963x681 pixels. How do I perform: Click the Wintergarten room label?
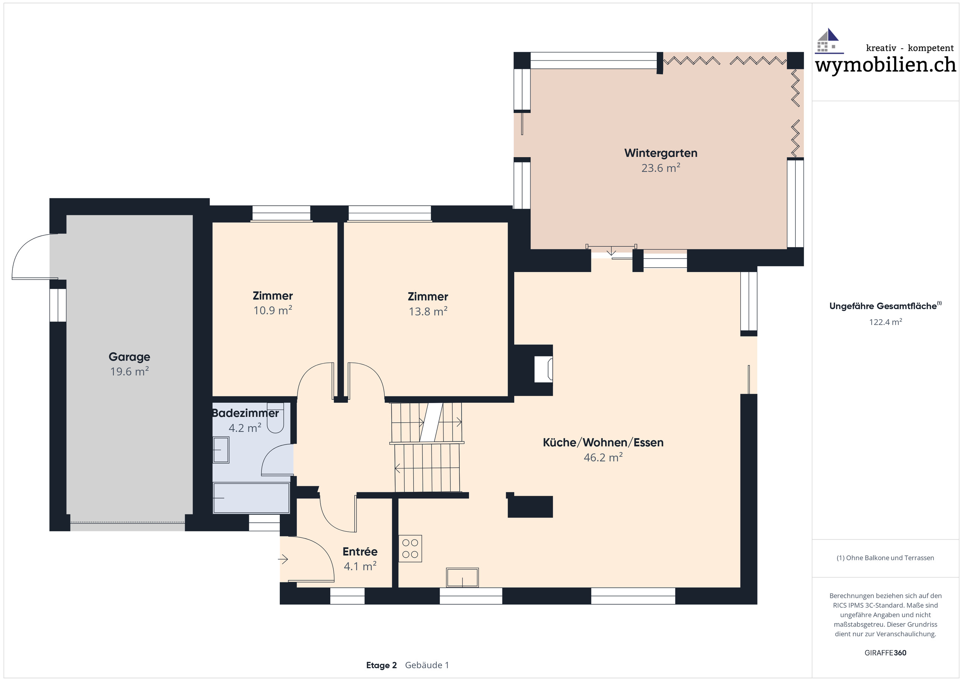[661, 153]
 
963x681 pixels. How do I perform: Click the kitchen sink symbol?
[462, 578]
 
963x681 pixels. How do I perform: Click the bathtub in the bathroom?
[251, 498]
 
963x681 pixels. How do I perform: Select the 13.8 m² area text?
[428, 312]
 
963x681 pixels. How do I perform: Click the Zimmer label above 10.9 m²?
[273, 296]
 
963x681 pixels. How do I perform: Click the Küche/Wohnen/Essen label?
[603, 442]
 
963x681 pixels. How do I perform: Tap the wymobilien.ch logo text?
[885, 65]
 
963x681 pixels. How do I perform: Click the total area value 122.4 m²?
[886, 322]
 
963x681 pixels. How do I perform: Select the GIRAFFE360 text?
[885, 652]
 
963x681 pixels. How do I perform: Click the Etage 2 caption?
[381, 665]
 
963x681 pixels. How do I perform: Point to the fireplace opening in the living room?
[543, 369]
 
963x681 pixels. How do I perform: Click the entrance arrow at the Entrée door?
[284, 559]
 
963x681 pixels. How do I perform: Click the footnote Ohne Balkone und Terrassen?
[885, 558]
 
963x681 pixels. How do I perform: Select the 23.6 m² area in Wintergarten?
[661, 168]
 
